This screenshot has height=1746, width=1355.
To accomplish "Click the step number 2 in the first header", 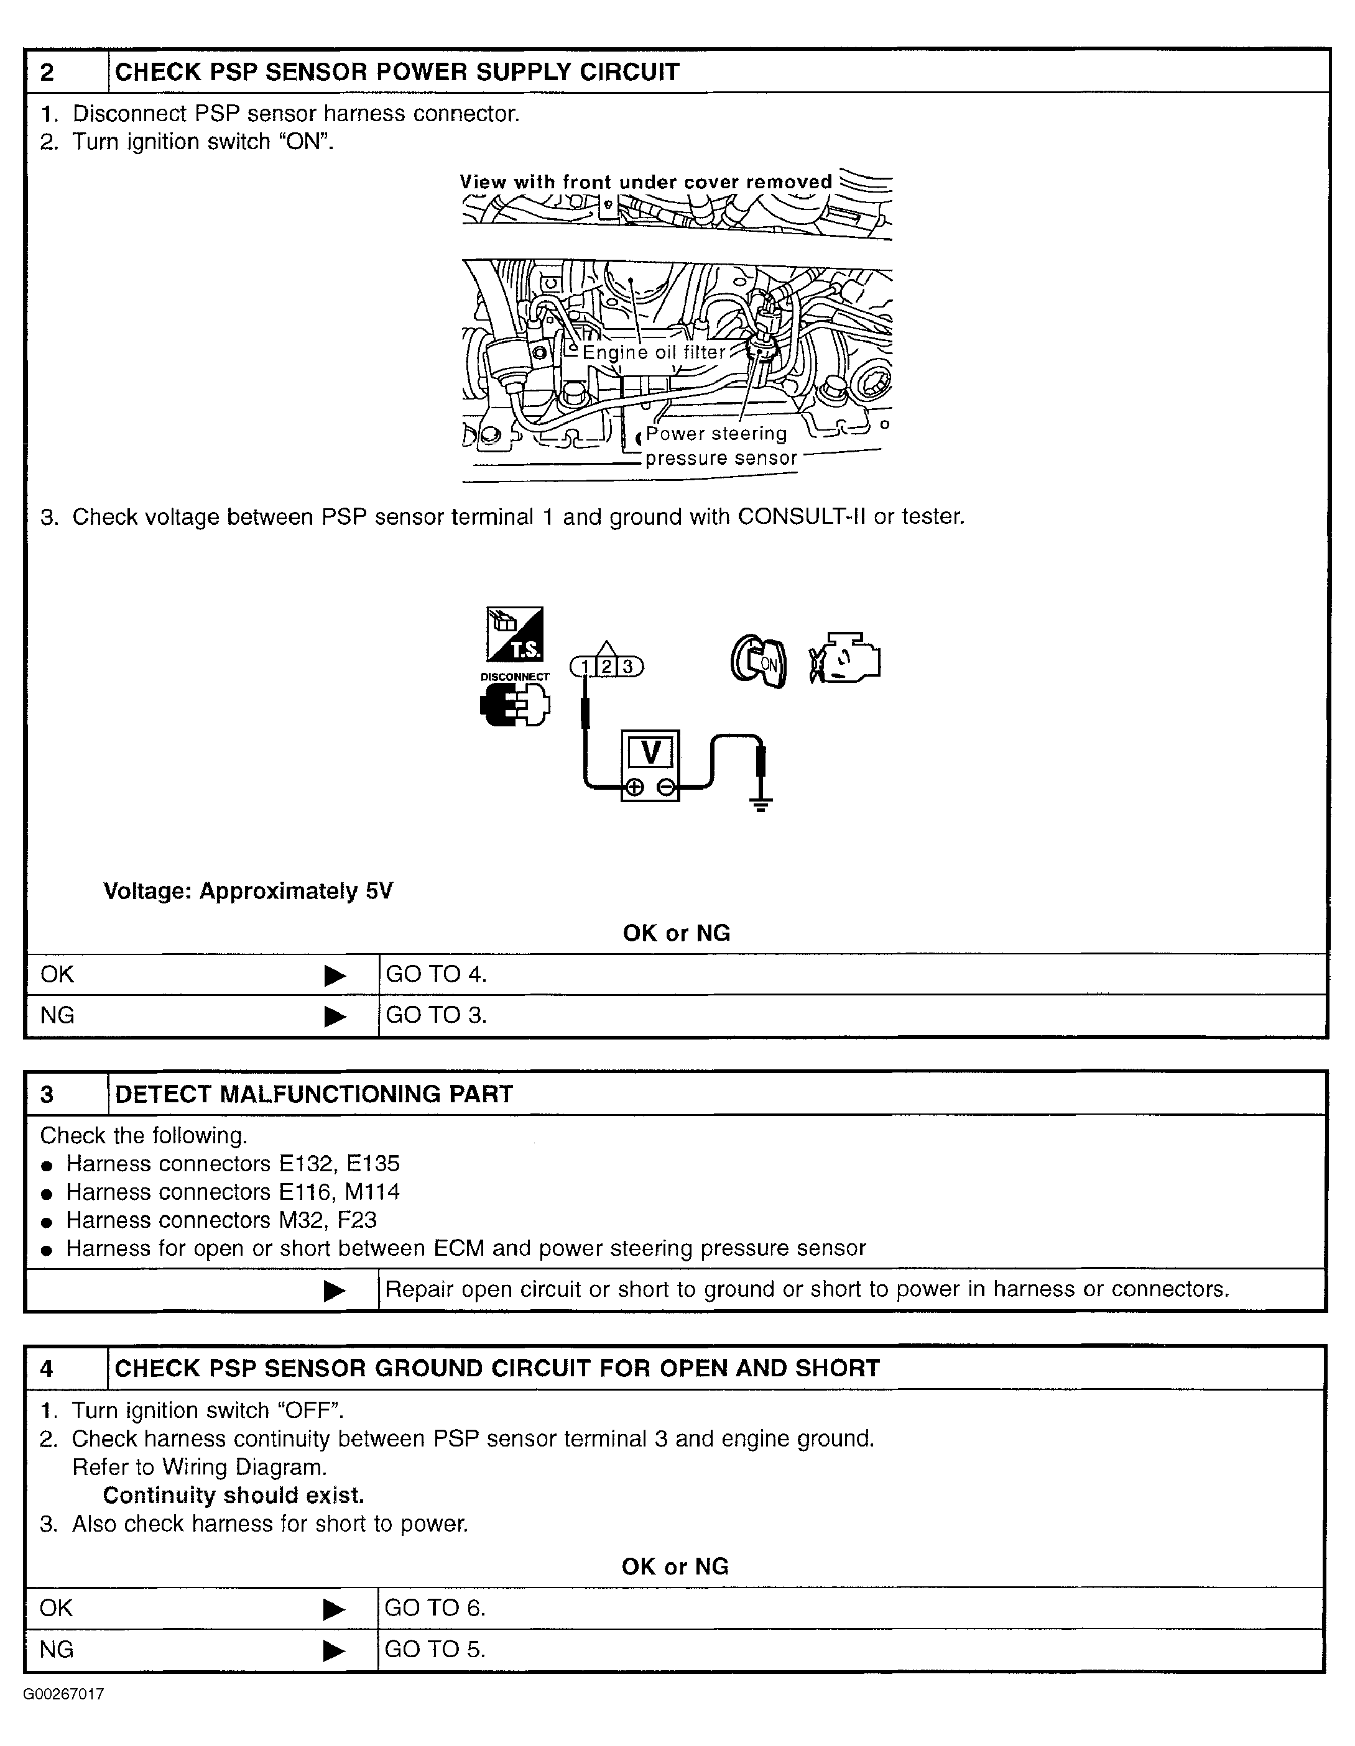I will [48, 73].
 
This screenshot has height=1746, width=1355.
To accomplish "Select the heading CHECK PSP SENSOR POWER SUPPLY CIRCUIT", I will [397, 73].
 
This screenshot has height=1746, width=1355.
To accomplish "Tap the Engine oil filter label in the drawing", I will [654, 352].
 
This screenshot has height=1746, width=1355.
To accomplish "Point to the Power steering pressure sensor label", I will [720, 446].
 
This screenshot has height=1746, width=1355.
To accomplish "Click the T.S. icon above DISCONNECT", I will [515, 634].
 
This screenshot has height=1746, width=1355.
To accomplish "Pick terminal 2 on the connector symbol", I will [607, 666].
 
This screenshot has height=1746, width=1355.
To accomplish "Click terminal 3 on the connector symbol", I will [628, 666].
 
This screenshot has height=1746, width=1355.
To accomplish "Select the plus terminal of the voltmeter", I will [634, 787].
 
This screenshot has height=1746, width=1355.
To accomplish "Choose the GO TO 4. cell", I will [436, 974].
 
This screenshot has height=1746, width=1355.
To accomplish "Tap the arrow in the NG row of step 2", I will [335, 1016].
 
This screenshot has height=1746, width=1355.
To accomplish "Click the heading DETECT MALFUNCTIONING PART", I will [313, 1094].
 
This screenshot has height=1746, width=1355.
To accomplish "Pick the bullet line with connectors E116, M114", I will [232, 1192].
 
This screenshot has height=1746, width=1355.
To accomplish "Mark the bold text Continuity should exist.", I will [234, 1495].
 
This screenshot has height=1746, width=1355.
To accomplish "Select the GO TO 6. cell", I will [435, 1607].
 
